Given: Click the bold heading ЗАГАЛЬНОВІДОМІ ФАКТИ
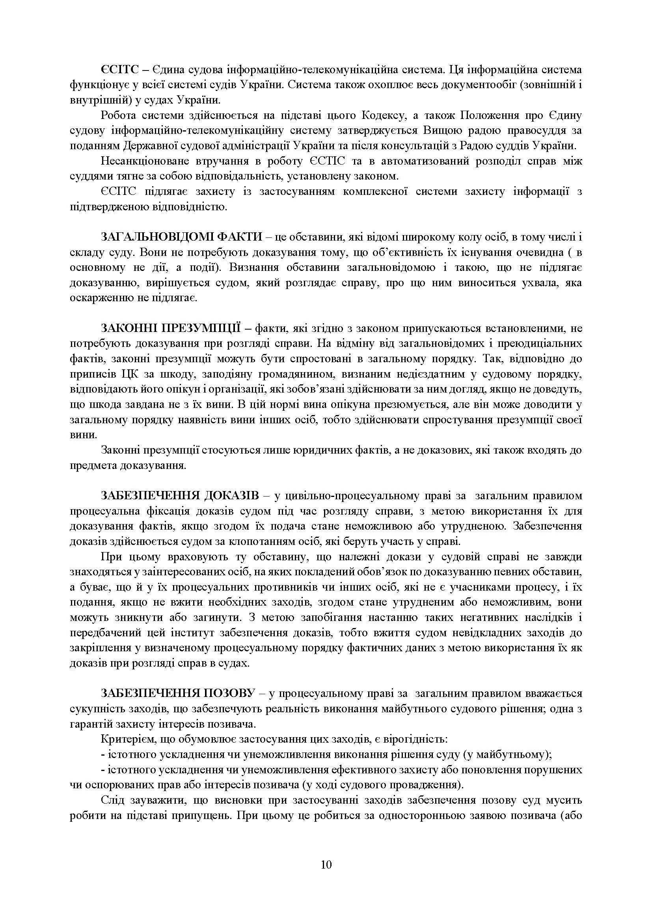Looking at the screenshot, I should (181, 237).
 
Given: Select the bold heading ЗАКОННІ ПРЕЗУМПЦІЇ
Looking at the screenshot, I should (171, 328).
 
